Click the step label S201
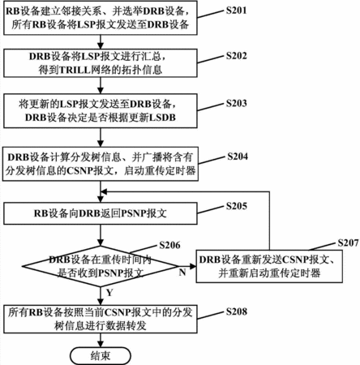(236, 11)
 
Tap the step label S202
(236, 56)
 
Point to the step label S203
(236, 103)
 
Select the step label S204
(238, 157)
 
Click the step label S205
(236, 206)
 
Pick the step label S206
(169, 245)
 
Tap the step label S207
(348, 243)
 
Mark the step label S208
(236, 311)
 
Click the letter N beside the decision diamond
(182, 273)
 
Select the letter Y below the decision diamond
(109, 293)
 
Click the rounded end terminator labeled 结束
(101, 355)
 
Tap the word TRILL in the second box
(75, 70)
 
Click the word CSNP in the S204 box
(79, 171)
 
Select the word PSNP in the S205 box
(134, 213)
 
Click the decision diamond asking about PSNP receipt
(101, 267)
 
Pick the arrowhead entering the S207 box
(193, 267)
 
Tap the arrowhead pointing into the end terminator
(101, 344)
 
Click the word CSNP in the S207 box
(296, 260)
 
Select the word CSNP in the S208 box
(118, 312)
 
